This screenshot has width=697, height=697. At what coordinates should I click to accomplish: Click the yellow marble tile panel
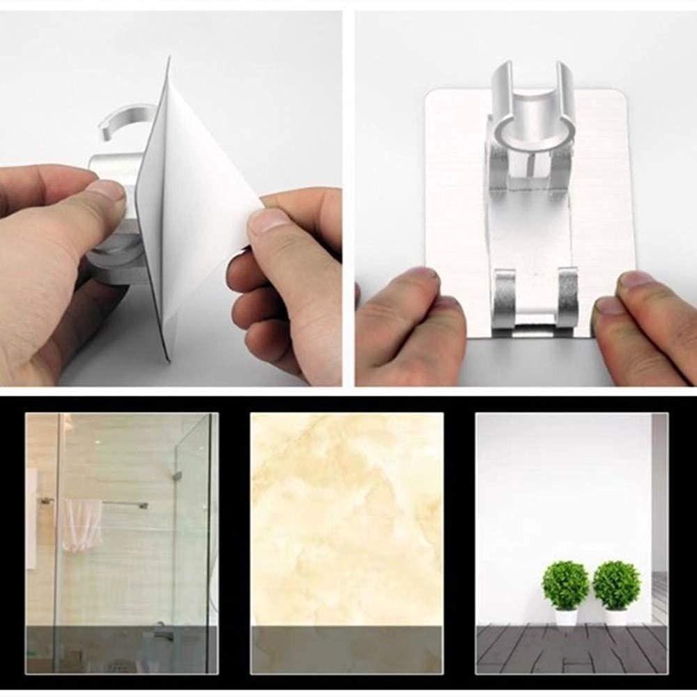pos(346,516)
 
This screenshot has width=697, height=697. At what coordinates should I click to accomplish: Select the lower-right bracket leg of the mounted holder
pos(567,298)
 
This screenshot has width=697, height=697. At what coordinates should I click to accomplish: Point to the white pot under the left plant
pos(565,618)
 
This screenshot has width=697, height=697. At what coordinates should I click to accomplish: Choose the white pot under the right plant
pos(616,618)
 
